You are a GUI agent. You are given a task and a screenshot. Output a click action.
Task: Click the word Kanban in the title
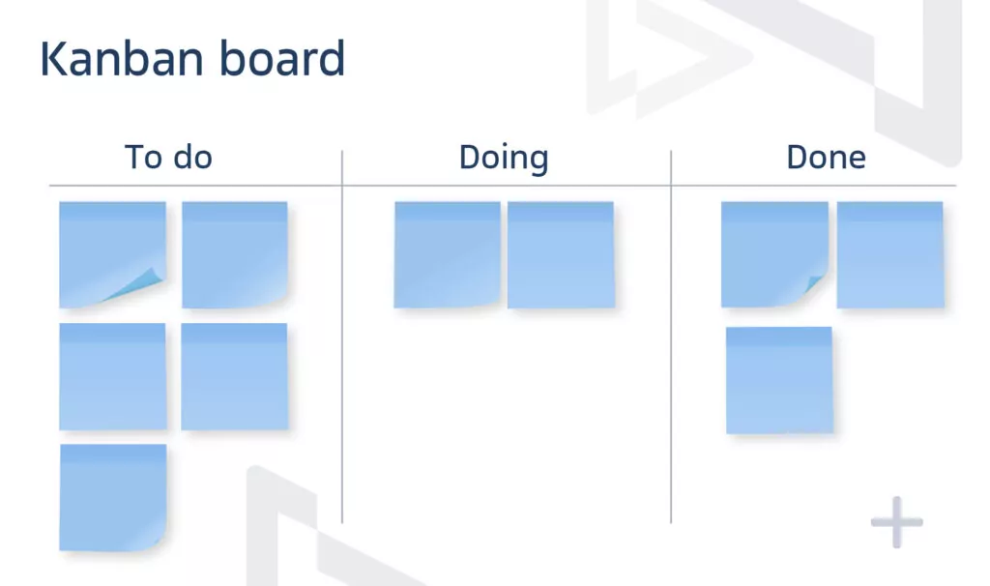(123, 59)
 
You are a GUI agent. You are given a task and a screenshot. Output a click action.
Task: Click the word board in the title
(282, 58)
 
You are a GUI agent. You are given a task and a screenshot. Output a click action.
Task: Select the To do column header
(168, 158)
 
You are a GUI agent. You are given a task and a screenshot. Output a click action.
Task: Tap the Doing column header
(504, 158)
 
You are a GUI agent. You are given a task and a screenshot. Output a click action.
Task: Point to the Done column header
(826, 158)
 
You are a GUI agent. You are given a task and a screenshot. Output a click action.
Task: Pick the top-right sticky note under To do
(235, 254)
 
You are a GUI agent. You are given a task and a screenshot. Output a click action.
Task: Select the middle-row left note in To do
(113, 376)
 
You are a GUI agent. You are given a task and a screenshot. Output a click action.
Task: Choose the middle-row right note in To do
(234, 376)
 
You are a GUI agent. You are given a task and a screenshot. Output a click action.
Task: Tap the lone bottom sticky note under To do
(113, 498)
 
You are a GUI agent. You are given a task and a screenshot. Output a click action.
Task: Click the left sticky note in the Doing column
(447, 254)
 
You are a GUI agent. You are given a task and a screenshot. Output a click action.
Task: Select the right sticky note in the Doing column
(561, 254)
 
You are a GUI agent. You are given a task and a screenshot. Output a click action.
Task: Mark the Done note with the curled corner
(774, 254)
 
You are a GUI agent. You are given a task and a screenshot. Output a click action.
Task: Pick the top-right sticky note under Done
(890, 254)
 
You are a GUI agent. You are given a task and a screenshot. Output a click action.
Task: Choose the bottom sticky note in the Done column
(779, 380)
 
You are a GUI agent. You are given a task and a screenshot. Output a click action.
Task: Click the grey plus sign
(896, 521)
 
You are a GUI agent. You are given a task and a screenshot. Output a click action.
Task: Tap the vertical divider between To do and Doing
(342, 337)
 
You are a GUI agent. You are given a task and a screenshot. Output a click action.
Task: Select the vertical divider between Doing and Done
(671, 337)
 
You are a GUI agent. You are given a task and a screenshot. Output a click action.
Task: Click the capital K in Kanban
(54, 59)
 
